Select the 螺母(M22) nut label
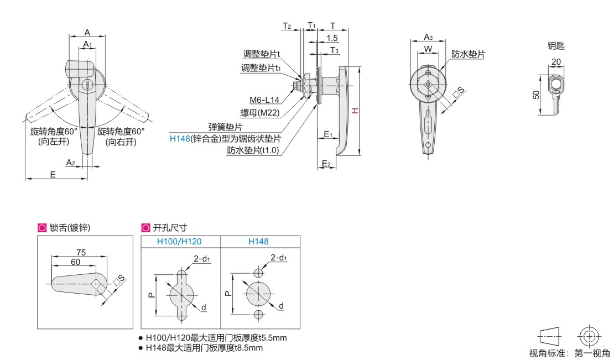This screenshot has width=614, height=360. click(x=261, y=112)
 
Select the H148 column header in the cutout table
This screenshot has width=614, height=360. click(x=260, y=242)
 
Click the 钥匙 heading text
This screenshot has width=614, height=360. click(x=555, y=47)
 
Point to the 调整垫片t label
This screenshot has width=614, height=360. click(x=262, y=54)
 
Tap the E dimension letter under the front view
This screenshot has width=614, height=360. click(x=53, y=174)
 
